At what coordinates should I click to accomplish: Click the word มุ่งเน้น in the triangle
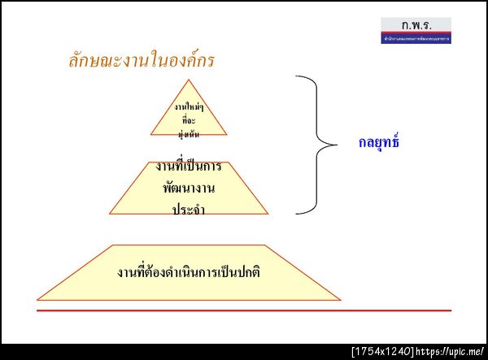pyautogui.click(x=189, y=132)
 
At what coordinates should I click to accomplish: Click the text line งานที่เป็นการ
pyautogui.click(x=189, y=167)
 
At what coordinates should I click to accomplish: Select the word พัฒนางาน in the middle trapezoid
pyautogui.click(x=189, y=189)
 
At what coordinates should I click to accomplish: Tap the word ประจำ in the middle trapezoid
pyautogui.click(x=189, y=210)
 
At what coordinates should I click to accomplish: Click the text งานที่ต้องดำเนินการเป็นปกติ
pyautogui.click(x=189, y=271)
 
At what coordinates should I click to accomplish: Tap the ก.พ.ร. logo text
pyautogui.click(x=416, y=24)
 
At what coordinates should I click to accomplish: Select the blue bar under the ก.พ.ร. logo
pyautogui.click(x=416, y=38)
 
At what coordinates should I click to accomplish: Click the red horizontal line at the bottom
pyautogui.click(x=244, y=310)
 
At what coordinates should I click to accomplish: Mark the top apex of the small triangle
pyautogui.click(x=189, y=80)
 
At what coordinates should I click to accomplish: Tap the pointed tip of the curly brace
pyautogui.click(x=334, y=145)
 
